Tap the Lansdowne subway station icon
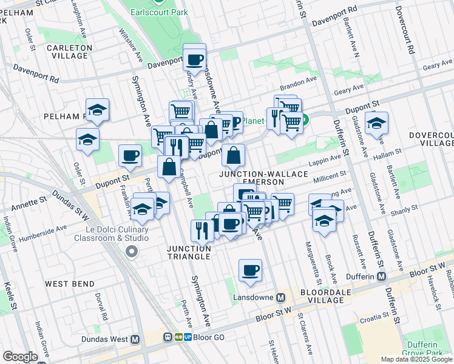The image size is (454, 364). click(280, 298)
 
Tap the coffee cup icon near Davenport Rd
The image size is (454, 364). click(194, 59)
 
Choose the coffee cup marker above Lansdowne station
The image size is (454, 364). click(249, 270)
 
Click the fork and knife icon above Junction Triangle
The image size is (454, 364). click(202, 230)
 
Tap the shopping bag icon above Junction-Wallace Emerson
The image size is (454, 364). click(233, 156)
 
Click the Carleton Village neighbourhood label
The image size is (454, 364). click(69, 52)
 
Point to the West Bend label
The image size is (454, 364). click(69, 284)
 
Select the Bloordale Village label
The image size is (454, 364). click(325, 297)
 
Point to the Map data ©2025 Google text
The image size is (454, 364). click(416, 359)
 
